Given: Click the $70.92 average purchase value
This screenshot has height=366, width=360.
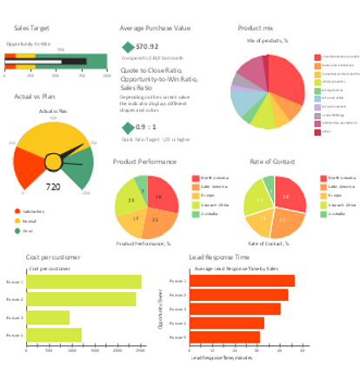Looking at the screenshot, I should click(147, 47).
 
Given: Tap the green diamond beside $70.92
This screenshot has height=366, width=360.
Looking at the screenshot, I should click(128, 47).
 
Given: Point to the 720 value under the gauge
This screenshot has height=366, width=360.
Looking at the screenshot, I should click(53, 186).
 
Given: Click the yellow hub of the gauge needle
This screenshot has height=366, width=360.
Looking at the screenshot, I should click(53, 161).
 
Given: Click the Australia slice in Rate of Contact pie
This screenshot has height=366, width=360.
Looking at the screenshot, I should click(269, 184).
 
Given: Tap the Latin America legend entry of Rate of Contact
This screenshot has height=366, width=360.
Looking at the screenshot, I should click(339, 187).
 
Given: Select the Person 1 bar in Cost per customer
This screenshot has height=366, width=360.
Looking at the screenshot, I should click(84, 282).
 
